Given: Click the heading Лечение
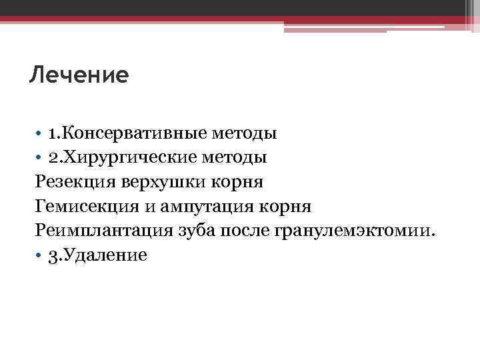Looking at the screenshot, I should [x=79, y=75].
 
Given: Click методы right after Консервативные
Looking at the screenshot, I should [x=245, y=133].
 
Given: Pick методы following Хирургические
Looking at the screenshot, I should [x=234, y=157].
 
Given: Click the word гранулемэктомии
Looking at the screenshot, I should [x=353, y=230].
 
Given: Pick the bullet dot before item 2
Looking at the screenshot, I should [x=39, y=158].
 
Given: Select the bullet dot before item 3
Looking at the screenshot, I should [x=39, y=255].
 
